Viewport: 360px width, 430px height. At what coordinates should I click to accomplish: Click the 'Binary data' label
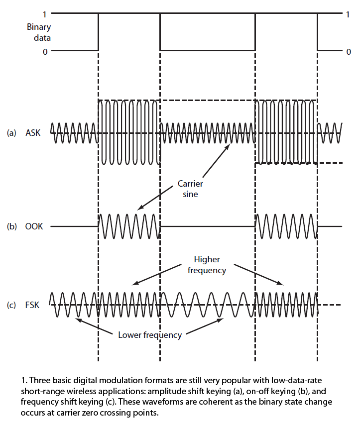pyautogui.click(x=39, y=32)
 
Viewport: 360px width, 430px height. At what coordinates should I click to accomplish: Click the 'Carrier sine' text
pyautogui.click(x=191, y=189)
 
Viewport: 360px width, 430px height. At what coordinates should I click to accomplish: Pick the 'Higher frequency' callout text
pyautogui.click(x=208, y=265)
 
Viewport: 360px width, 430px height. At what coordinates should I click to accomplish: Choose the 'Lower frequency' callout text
pyautogui.click(x=150, y=335)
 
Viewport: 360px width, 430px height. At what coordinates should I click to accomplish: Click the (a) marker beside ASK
pyautogui.click(x=11, y=133)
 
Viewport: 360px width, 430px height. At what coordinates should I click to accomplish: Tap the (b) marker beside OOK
pyautogui.click(x=11, y=227)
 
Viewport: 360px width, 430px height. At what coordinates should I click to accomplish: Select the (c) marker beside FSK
pyautogui.click(x=11, y=305)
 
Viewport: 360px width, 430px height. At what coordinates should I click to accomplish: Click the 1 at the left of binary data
pyautogui.click(x=45, y=14)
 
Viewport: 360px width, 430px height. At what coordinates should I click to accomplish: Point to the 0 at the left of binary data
pyautogui.click(x=45, y=51)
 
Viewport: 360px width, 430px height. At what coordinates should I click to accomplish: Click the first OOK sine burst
pyautogui.click(x=129, y=227)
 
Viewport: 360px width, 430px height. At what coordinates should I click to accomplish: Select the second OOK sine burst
pyautogui.click(x=286, y=227)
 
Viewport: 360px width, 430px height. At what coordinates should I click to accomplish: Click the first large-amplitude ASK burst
pyautogui.click(x=129, y=133)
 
